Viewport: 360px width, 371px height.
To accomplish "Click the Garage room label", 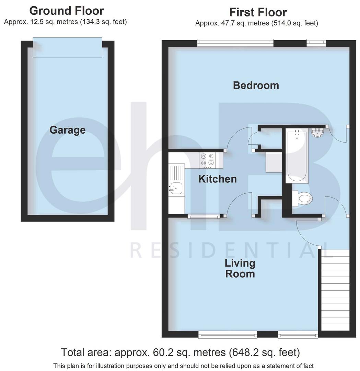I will pos(67,130).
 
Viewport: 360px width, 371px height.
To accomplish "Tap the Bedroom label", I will pos(256,85).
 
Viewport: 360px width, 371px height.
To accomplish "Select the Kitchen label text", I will pos(218,179).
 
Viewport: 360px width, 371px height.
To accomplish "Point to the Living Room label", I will pos(240,269).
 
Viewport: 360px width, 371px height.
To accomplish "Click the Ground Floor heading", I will pos(67,11).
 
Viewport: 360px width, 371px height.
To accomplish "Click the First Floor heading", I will pos(258,12).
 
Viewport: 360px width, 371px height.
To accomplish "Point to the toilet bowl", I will pos(304,199).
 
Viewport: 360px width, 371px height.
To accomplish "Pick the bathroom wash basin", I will pos(317,132).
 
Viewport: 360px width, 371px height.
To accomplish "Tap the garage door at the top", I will pos(67,47).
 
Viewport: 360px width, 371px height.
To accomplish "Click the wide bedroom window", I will pos(235,43).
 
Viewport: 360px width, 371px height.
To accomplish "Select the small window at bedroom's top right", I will pos(316,43).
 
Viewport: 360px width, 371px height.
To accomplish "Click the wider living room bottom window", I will pos(228,334).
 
